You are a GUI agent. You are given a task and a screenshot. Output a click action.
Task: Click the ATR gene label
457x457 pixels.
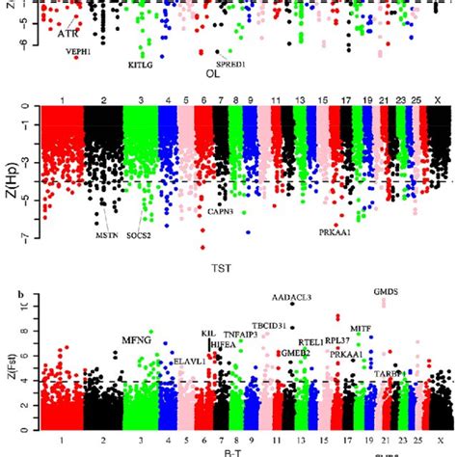click(x=67, y=34)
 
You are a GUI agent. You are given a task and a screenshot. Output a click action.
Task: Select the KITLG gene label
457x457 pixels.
click(x=141, y=66)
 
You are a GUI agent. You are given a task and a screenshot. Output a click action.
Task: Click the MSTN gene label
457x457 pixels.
click(x=108, y=234)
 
